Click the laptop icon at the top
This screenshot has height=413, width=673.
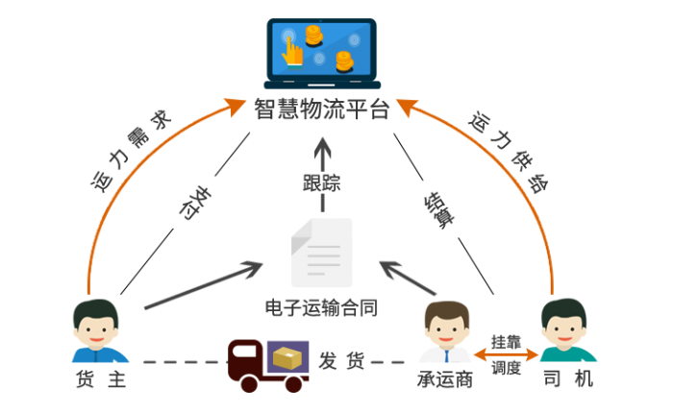pyautogui.click(x=322, y=53)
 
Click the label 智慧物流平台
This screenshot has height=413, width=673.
pyautogui.click(x=322, y=109)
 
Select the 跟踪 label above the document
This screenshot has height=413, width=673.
pyautogui.click(x=322, y=182)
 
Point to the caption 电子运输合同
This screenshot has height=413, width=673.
pyautogui.click(x=322, y=308)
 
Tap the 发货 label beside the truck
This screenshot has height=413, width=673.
pyautogui.click(x=341, y=361)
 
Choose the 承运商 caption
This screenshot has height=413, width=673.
pyautogui.click(x=445, y=379)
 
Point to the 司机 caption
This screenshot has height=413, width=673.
pyautogui.click(x=567, y=379)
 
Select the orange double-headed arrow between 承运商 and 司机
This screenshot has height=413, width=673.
pyautogui.click(x=506, y=354)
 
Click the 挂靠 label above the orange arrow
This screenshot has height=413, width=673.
pyautogui.click(x=506, y=341)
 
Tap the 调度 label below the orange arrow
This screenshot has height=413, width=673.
pyautogui.click(x=506, y=368)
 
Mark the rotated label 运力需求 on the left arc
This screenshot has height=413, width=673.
pyautogui.click(x=131, y=150)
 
